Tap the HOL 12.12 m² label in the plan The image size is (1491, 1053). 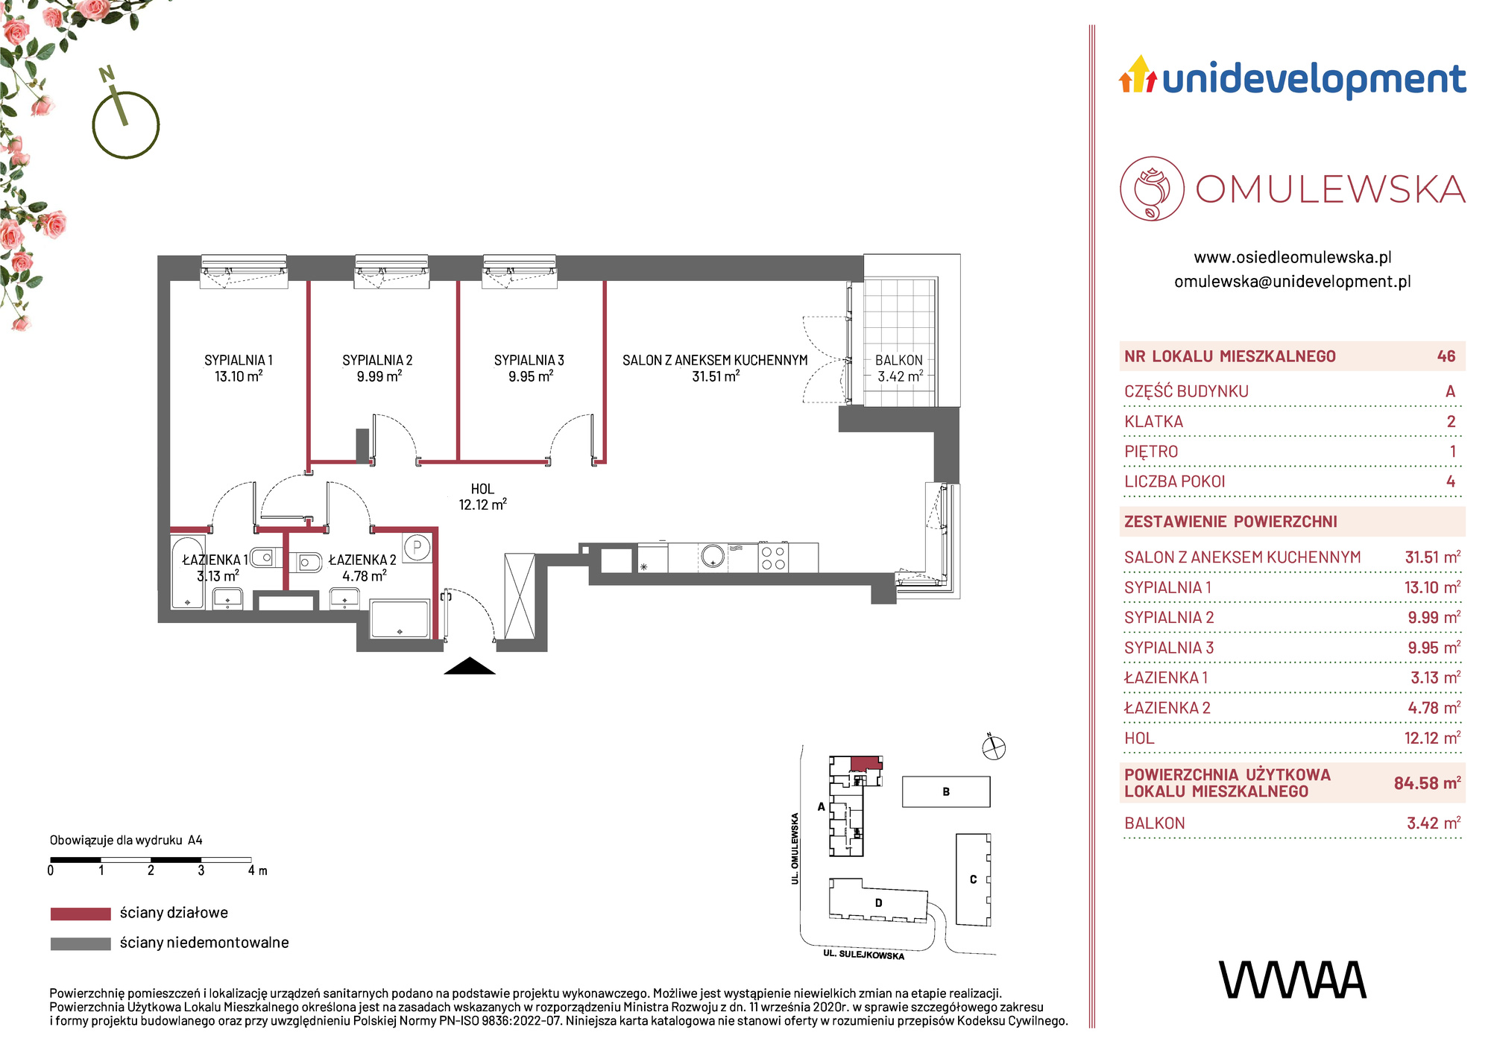[482, 496]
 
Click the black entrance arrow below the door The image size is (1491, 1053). [470, 666]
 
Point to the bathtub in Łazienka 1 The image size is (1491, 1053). [188, 572]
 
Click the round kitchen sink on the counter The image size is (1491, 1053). [713, 556]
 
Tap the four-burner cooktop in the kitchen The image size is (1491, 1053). [773, 557]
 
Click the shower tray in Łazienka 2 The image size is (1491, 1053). [400, 619]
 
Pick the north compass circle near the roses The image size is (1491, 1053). [126, 125]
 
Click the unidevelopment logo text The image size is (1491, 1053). [1314, 80]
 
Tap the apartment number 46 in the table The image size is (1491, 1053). [1446, 356]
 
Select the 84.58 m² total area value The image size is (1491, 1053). [1427, 783]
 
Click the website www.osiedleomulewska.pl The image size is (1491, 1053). [1293, 257]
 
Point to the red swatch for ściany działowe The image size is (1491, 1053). [81, 914]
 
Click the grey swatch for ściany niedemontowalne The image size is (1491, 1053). [81, 943]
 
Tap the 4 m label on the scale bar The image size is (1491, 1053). [258, 870]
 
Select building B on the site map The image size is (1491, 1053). [946, 791]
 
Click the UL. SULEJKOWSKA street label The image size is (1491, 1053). [864, 955]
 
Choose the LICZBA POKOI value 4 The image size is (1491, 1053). [1451, 481]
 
